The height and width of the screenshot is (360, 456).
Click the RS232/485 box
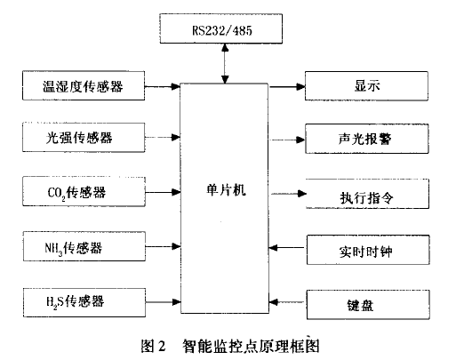pos(220,28)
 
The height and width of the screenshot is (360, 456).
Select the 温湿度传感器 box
pos(84,85)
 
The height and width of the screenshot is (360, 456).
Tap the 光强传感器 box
pos(84,138)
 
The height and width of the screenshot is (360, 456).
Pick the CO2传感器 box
pos(84,192)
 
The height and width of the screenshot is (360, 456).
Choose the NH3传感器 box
pos(84,246)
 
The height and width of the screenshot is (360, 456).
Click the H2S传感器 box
pos(84,302)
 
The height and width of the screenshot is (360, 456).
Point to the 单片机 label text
pos(226,189)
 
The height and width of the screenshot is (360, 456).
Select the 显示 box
pos(366,86)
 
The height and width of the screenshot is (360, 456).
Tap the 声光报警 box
pos(367,139)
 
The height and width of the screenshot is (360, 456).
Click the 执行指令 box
pos(367,194)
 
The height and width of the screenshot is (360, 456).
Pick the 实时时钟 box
pos(368,250)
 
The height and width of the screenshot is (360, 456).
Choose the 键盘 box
pos(368,305)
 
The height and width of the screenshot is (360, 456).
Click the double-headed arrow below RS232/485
pos(225,64)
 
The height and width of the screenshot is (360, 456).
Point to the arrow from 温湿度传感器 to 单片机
pos(163,86)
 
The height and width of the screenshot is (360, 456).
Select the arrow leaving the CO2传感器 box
pos(163,192)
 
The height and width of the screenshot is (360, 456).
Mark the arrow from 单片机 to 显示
pos(287,87)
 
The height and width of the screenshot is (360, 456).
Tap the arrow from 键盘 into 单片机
pos(287,302)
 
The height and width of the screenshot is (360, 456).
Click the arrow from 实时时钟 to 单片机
pos(287,247)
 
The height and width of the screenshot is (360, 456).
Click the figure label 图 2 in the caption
pos(153,346)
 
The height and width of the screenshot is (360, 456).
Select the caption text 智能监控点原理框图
pos(251,346)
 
